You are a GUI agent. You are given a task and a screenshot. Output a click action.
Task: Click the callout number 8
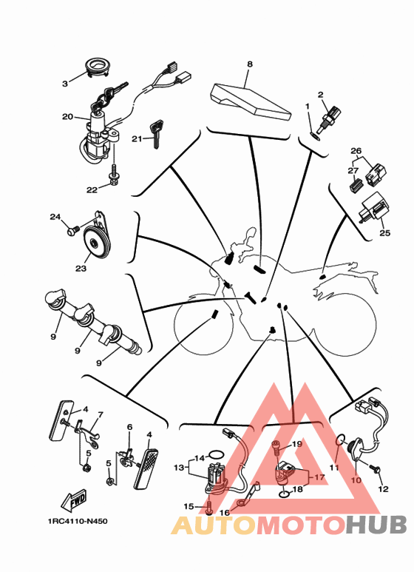tap(250, 64)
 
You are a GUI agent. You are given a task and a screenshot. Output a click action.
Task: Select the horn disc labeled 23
tap(96, 242)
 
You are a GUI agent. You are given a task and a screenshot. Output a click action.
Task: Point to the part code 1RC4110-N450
tap(78, 521)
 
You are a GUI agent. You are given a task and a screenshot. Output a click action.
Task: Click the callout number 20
tap(67, 117)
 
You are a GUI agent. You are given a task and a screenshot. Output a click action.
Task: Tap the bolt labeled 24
tap(73, 232)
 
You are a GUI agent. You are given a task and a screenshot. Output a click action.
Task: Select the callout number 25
tap(385, 233)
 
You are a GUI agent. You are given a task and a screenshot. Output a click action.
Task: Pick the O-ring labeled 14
tap(216, 454)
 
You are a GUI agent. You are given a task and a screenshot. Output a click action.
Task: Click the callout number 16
tap(225, 513)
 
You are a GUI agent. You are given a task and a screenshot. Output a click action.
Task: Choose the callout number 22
tap(92, 189)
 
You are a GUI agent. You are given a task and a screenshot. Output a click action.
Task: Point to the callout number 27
tap(353, 170)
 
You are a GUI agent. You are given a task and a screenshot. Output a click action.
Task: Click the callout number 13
tap(179, 468)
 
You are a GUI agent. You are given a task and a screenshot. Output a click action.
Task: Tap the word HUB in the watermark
tap(376, 525)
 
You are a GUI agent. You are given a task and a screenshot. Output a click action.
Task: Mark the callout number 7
tap(101, 415)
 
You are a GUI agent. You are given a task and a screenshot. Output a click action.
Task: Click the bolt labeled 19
tap(276, 448)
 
